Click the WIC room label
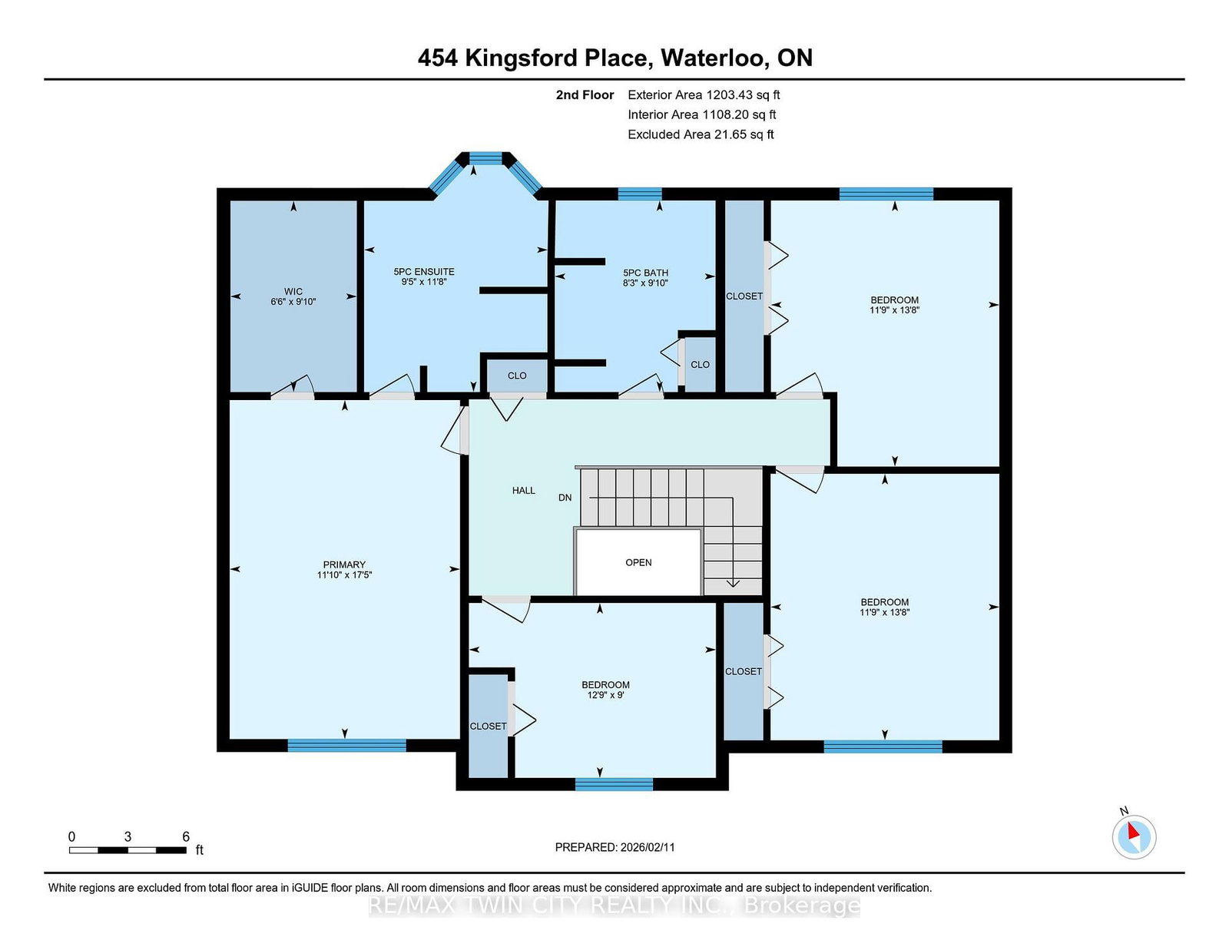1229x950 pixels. tap(293, 291)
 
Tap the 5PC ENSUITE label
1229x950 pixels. tap(424, 271)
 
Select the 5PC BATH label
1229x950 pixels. tap(645, 273)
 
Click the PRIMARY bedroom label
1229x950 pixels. tap(344, 564)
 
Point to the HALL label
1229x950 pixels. tap(524, 490)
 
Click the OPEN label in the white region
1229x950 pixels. tap(638, 562)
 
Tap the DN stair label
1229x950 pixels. tap(565, 498)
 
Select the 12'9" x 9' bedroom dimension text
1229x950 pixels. tap(606, 695)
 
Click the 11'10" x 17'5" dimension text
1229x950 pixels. tap(344, 574)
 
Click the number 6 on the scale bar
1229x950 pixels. tap(186, 836)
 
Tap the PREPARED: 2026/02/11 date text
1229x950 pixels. tap(614, 847)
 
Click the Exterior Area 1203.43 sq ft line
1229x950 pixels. tap(704, 95)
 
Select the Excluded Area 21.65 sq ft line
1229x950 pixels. tap(701, 134)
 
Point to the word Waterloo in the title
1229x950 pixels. tap(714, 58)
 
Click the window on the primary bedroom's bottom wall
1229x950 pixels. tap(346, 745)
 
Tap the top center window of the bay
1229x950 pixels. tap(485, 158)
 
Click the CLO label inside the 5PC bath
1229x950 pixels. tap(701, 365)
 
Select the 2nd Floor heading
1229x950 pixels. tap(585, 95)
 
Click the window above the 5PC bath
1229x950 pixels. tap(640, 194)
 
